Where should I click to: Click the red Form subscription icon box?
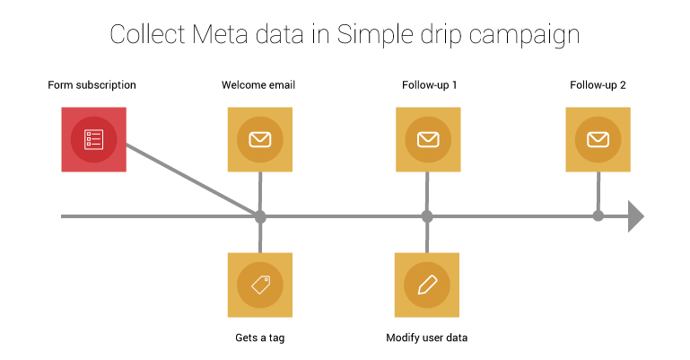pyautogui.click(x=93, y=139)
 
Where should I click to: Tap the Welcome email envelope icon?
pyautogui.click(x=260, y=139)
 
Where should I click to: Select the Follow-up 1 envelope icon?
pyautogui.click(x=428, y=139)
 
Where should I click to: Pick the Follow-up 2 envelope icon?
pyautogui.click(x=598, y=139)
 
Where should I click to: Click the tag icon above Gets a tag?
pyautogui.click(x=260, y=285)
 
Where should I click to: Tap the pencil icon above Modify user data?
pyautogui.click(x=427, y=285)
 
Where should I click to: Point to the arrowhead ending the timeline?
pyautogui.click(x=636, y=216)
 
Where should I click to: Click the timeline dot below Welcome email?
pyautogui.click(x=260, y=216)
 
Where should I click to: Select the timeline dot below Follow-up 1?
pyautogui.click(x=427, y=216)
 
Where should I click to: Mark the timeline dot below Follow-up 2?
pyautogui.click(x=598, y=216)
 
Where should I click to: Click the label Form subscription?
pyautogui.click(x=92, y=85)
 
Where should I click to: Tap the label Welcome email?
pyautogui.click(x=258, y=85)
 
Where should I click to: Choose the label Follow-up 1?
pyautogui.click(x=430, y=85)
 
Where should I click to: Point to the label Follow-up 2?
pyautogui.click(x=598, y=85)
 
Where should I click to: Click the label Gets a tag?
pyautogui.click(x=260, y=338)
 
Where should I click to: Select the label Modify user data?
pyautogui.click(x=427, y=338)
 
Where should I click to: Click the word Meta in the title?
pyautogui.click(x=220, y=34)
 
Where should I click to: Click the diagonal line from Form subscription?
pyautogui.click(x=193, y=180)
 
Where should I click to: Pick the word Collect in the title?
pyautogui.click(x=148, y=34)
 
